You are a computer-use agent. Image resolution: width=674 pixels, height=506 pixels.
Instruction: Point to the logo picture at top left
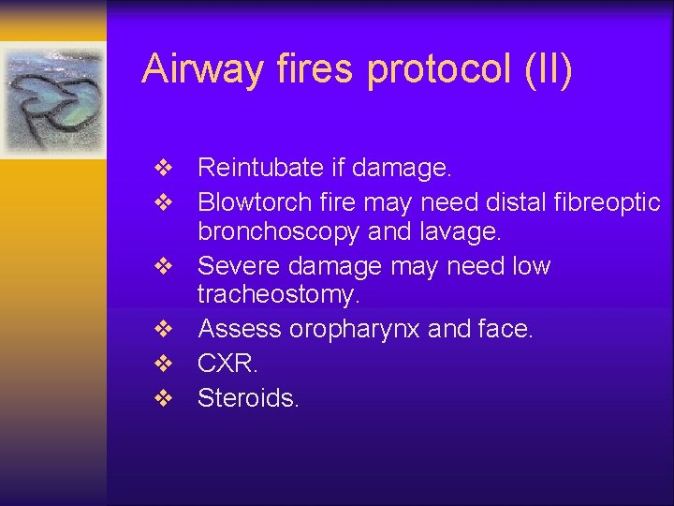point(53,99)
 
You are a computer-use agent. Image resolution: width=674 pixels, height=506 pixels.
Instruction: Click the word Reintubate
point(259,169)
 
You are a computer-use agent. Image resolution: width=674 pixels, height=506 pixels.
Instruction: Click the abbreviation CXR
point(226,364)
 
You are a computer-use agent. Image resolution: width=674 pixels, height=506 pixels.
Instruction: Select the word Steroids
point(248,397)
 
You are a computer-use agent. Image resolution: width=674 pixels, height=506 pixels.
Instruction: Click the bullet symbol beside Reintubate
point(164,170)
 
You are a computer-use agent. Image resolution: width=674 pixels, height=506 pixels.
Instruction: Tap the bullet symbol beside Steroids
point(164,398)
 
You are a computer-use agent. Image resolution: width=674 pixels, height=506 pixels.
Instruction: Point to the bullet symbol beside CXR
point(164,365)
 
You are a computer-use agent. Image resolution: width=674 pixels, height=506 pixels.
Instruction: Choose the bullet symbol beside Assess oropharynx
point(164,330)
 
